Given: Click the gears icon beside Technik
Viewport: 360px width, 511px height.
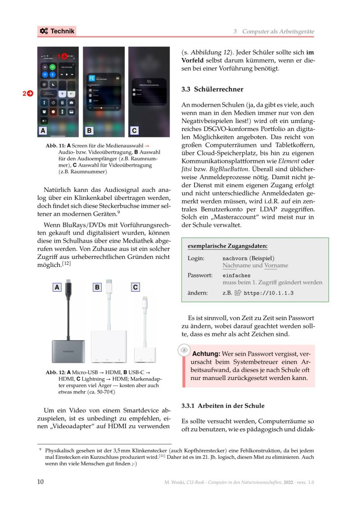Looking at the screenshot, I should (x=44, y=31).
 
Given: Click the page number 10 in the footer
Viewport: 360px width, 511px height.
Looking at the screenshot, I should (x=40, y=482).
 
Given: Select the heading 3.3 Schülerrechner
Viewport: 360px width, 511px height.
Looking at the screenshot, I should (x=212, y=89).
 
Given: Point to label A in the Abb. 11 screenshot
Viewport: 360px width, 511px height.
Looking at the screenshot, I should (x=43, y=131).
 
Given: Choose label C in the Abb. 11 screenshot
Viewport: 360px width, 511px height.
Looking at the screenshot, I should (x=134, y=131).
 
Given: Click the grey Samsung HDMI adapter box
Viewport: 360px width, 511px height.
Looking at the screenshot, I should (x=68, y=351).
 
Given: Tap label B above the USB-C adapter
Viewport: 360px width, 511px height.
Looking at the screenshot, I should (x=97, y=287).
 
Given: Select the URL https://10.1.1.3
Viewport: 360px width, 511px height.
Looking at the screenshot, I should (x=269, y=293).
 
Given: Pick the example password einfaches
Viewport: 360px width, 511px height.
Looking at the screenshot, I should (x=236, y=275).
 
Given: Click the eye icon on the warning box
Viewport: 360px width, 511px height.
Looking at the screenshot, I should (x=184, y=350).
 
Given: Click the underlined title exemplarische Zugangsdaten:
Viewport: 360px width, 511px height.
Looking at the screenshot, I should (x=227, y=246).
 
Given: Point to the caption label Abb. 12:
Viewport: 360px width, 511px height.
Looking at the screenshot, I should (x=55, y=373).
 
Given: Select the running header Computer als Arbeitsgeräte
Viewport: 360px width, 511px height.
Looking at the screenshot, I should (x=278, y=32).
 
